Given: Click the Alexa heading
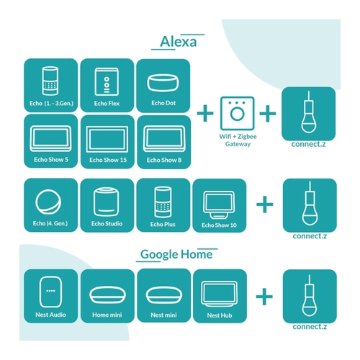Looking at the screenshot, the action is pos(178,42).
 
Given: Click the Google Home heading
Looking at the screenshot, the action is pos(176,255).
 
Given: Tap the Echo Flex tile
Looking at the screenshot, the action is pos(107,85).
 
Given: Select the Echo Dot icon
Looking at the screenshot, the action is pos(163,83).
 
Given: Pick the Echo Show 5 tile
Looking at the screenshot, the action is pos(50,141).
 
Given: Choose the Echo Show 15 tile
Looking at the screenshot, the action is pos(107,142).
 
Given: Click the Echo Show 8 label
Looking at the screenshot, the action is pos(164,160).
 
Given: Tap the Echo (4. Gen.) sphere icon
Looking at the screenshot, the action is pos(48,202).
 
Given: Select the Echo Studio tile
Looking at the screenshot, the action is pos(107,205).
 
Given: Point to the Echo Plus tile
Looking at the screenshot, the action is pos(163,205).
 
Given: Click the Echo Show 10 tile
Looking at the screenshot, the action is pos(220,206).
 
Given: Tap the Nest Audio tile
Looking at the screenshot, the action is pos(50,296).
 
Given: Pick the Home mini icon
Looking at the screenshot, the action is pos(107,295).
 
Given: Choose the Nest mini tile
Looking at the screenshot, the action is pos(164,296).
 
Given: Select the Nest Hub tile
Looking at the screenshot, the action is pos(220,296).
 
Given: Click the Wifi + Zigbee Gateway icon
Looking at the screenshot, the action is pos(237,113).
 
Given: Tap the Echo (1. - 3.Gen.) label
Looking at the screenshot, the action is pos(51,104).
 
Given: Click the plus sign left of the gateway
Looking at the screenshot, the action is pos(205,113).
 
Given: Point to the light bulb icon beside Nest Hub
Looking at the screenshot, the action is pos(310,295).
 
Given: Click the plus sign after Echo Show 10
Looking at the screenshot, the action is pos(265,204).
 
